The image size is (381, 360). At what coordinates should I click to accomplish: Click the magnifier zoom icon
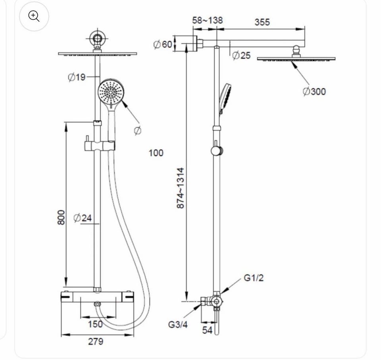point(34,16)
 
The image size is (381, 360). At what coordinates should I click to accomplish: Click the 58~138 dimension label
point(207,20)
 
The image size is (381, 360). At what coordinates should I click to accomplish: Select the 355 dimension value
point(262,22)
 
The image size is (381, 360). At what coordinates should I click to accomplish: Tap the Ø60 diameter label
point(163,44)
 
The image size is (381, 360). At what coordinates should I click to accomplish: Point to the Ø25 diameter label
point(241,56)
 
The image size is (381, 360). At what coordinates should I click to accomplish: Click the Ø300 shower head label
point(314,91)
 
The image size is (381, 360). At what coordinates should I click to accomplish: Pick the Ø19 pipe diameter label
point(77,77)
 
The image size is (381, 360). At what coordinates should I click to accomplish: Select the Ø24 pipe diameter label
point(83,218)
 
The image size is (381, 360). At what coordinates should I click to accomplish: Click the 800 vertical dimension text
point(62,218)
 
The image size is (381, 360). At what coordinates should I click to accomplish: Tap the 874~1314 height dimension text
point(180,188)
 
